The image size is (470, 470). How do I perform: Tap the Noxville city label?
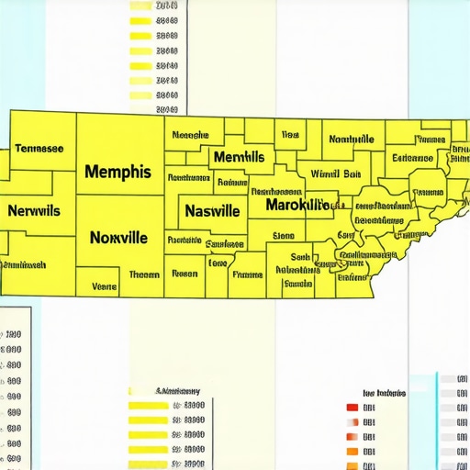point(118,237)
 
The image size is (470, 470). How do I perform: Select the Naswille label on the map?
point(212,210)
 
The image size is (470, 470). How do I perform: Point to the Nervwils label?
point(34,210)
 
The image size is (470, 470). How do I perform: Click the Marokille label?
point(297,204)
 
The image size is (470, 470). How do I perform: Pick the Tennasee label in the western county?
point(39,148)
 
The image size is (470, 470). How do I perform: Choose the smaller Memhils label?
point(239,157)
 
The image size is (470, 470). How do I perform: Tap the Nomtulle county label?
point(351,140)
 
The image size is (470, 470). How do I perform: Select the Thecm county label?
point(144,274)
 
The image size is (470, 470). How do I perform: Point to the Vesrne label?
point(105,286)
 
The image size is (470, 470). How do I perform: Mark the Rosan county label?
point(185,273)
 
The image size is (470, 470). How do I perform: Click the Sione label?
point(284,234)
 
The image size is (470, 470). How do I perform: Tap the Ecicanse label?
point(412,158)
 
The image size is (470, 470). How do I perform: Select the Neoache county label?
point(190,135)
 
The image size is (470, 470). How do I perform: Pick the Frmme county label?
point(247,274)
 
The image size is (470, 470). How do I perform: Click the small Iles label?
point(290,134)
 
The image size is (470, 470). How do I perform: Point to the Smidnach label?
point(25,264)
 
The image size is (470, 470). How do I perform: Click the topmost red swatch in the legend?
point(352,407)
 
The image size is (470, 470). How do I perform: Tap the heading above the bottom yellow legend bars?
point(179,389)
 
